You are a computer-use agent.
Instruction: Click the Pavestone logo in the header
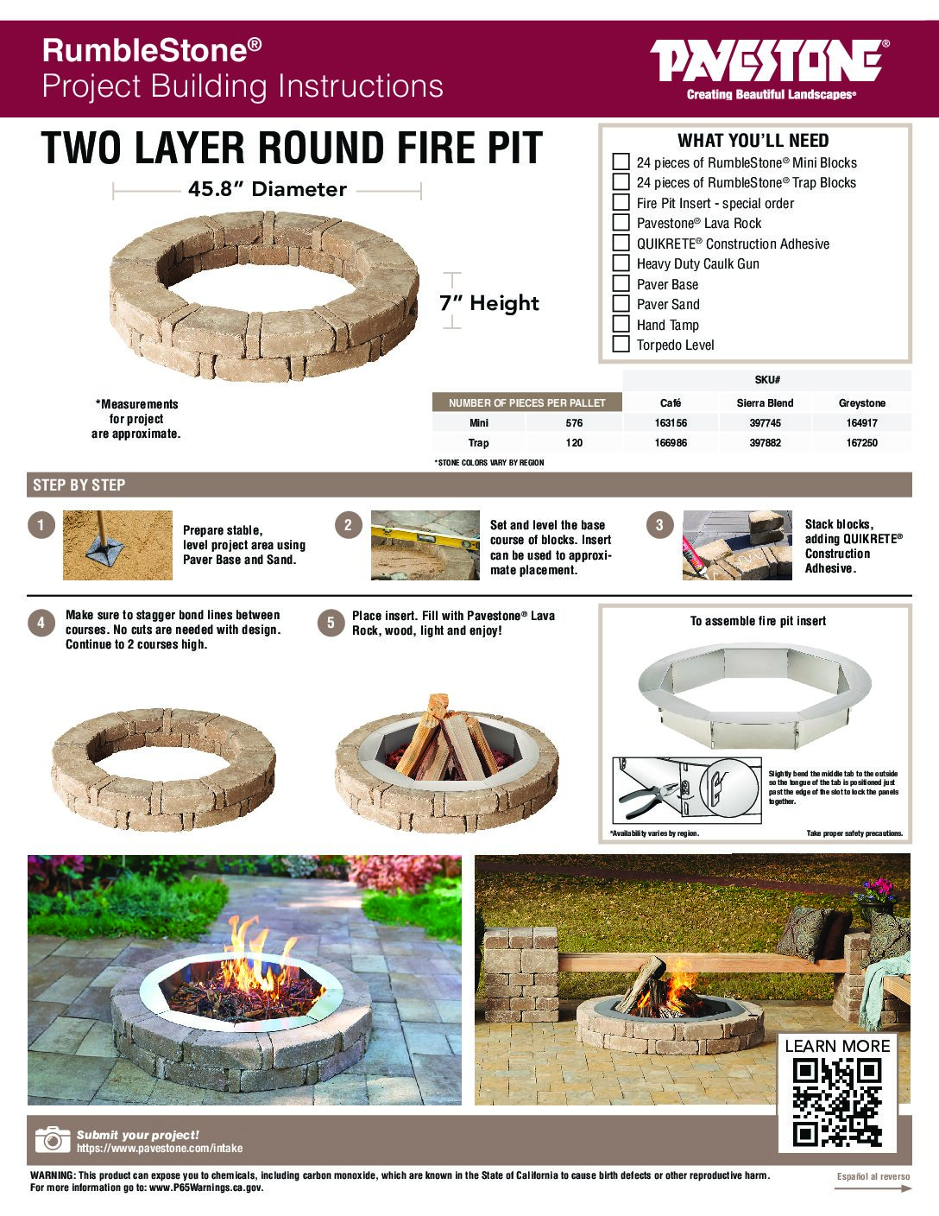coord(769,69)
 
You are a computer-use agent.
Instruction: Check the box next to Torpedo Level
coord(621,344)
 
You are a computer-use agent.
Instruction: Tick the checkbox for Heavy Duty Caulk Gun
coord(621,263)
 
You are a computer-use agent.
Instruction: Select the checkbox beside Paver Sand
coord(621,303)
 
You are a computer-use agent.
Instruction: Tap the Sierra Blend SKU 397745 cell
coord(765,423)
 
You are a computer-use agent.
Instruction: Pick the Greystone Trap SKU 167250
coord(862,443)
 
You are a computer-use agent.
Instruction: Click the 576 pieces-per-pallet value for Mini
coord(574,423)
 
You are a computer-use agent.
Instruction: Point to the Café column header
coord(671,403)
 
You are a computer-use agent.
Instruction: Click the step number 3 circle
coord(659,525)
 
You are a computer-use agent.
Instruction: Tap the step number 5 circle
coord(331,623)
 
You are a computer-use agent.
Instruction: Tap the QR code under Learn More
coord(837,1102)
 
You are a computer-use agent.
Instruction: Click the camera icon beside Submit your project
coord(53,1140)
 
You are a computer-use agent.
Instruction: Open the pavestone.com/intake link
coord(160,1149)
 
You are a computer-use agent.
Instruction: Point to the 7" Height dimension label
coord(489,303)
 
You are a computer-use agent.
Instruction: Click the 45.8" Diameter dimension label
coord(268,189)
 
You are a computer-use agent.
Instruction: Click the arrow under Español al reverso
coord(873,1188)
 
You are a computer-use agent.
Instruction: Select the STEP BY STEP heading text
coord(79,485)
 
